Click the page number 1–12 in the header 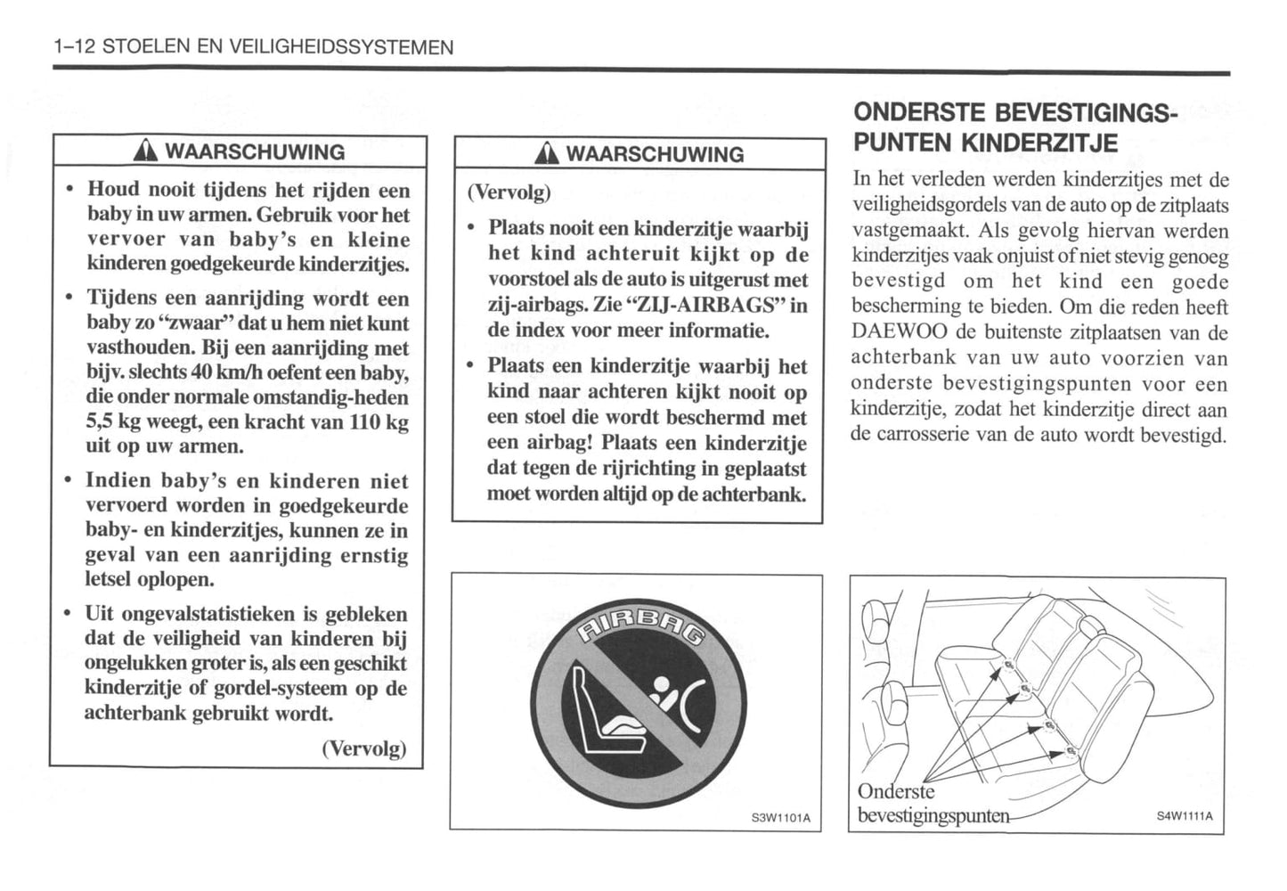75,47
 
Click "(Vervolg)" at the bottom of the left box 363,748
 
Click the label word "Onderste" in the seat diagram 896,791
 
